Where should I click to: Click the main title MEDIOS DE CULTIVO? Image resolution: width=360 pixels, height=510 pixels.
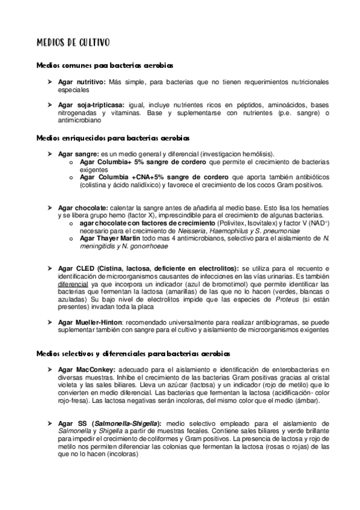point(73,43)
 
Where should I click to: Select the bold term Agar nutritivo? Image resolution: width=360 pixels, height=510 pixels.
point(82,82)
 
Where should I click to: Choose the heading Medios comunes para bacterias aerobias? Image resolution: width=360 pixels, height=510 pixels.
point(106,65)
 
